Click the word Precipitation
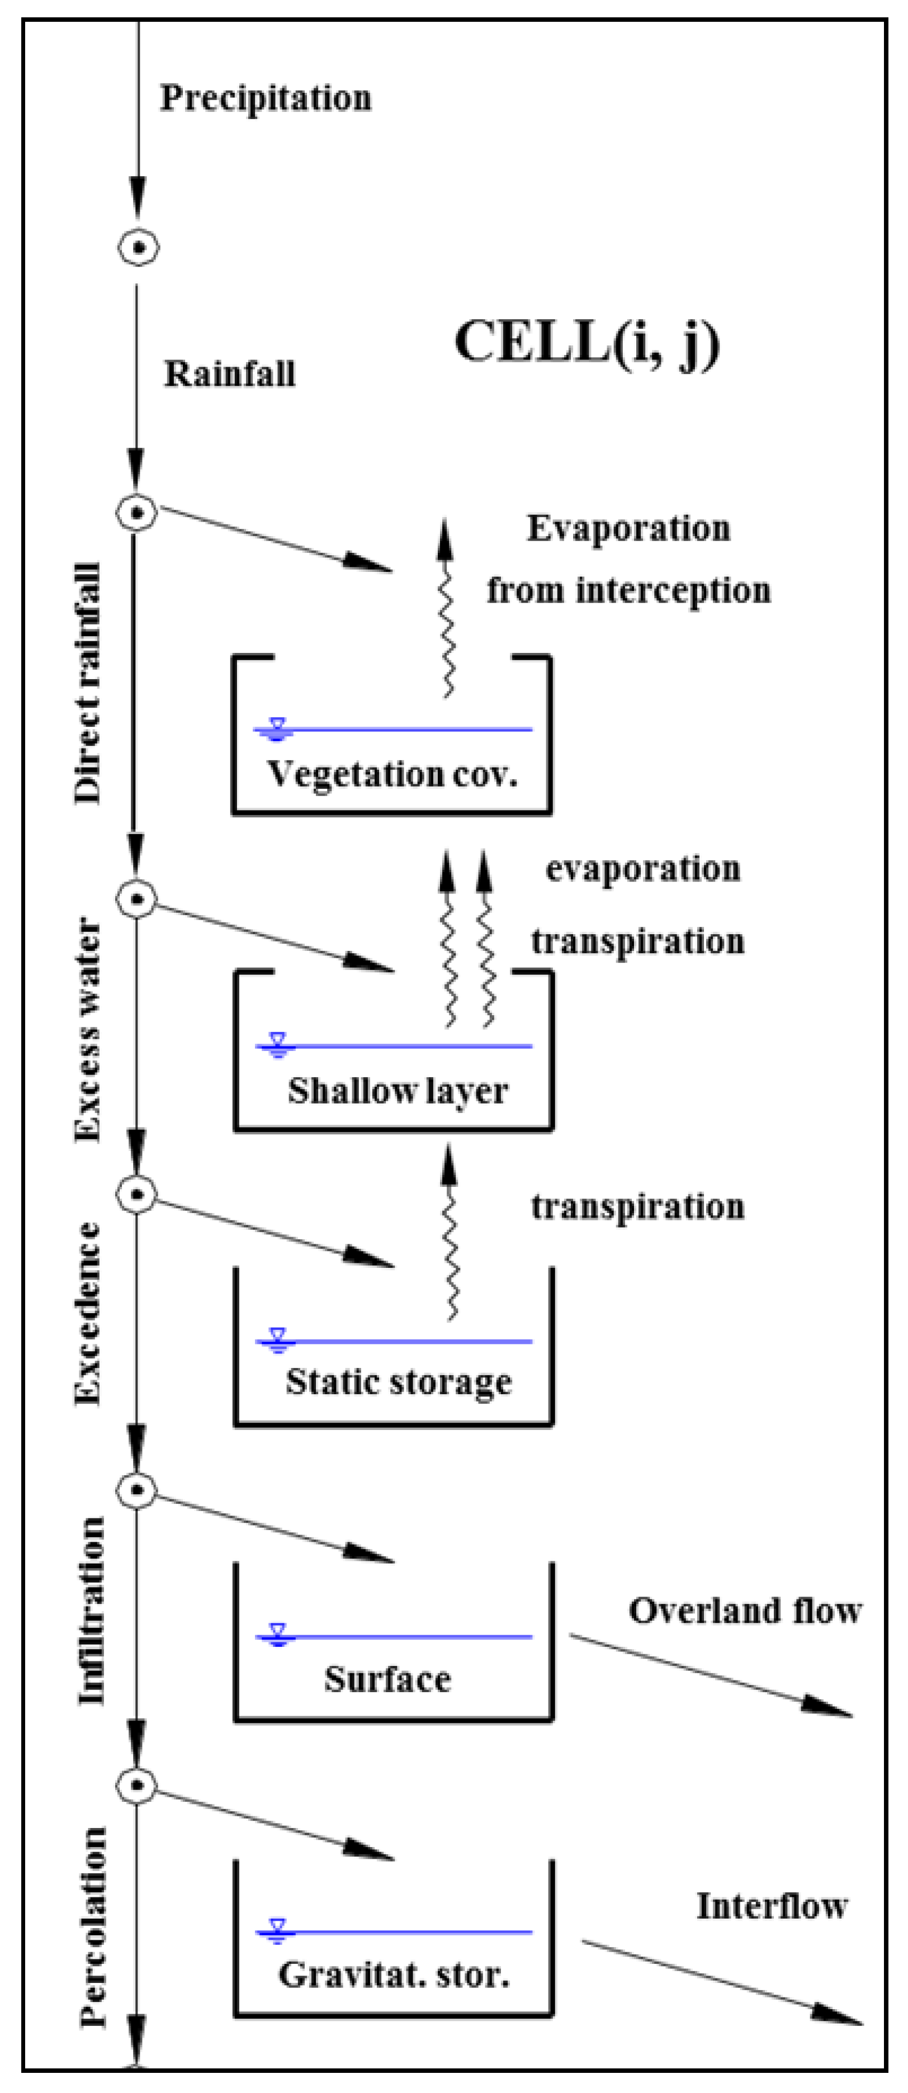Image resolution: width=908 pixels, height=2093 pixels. [x=265, y=98]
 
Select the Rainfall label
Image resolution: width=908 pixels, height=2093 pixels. [x=230, y=375]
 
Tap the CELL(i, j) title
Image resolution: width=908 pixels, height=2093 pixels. [x=587, y=342]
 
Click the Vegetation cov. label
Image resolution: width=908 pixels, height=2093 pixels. [x=392, y=774]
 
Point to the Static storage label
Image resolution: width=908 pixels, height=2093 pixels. [x=398, y=1382]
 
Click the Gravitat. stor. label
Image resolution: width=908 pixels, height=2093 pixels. [x=394, y=1974]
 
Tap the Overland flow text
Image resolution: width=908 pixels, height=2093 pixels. [x=745, y=1611]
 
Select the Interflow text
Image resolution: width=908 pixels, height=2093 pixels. [x=772, y=1907]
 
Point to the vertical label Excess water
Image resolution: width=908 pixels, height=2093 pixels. [x=88, y=1030]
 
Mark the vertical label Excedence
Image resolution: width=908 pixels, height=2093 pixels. [x=88, y=1313]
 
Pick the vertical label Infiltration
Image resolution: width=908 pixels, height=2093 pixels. [x=91, y=1611]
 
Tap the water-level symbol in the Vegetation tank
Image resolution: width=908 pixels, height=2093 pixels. [x=277, y=729]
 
